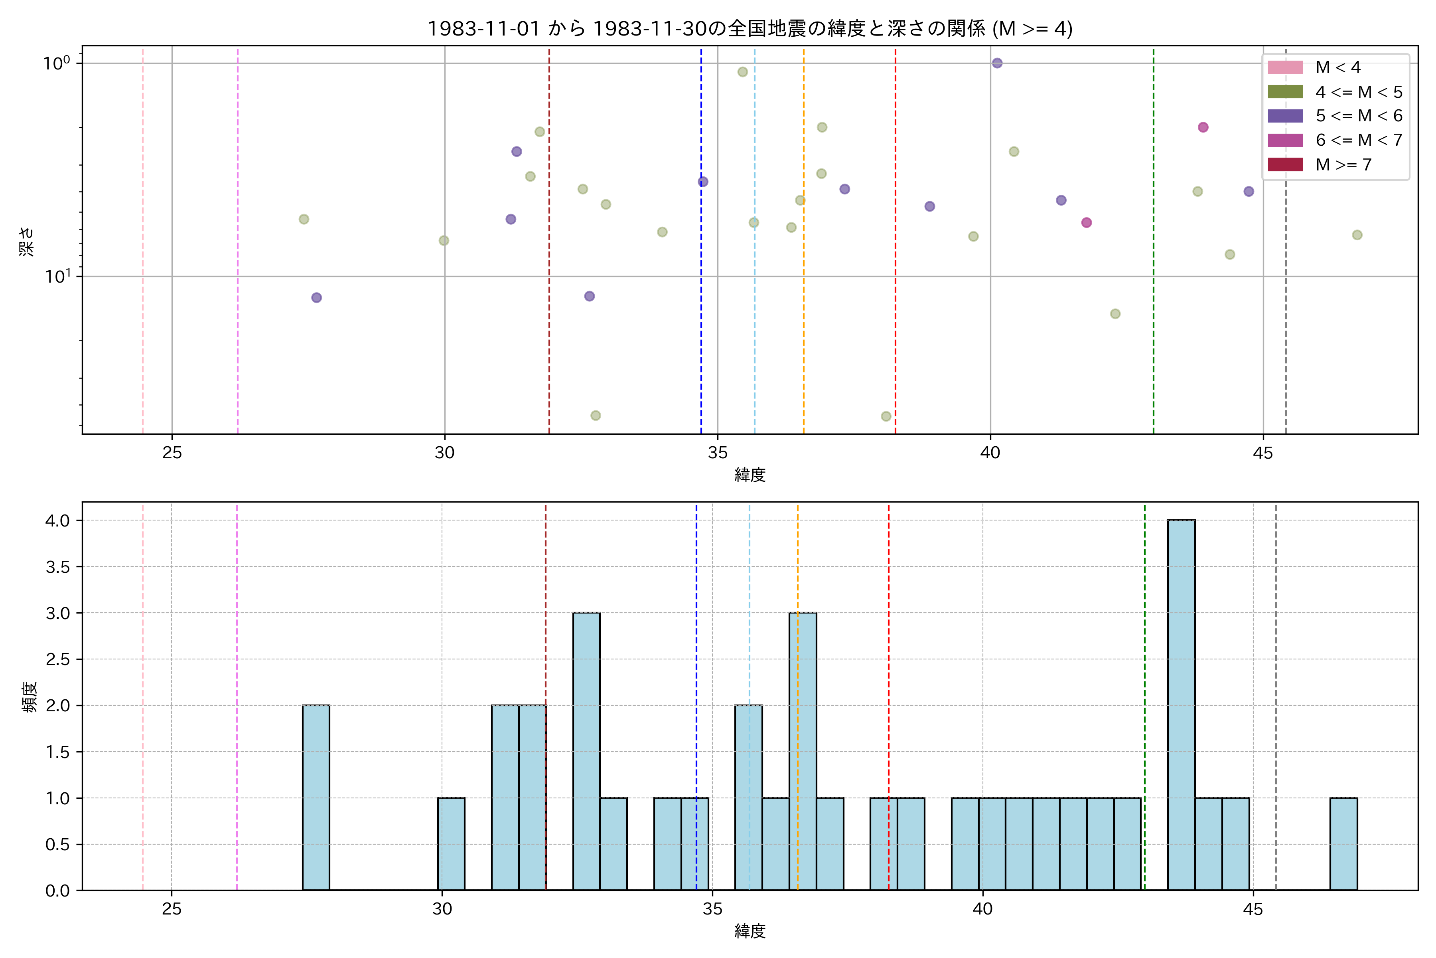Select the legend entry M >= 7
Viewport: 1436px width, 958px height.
coord(1343,165)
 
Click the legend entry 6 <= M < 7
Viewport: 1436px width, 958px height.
coord(1359,141)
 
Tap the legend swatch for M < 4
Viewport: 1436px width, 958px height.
coord(1285,67)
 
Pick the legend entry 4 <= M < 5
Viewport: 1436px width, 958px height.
coord(1359,92)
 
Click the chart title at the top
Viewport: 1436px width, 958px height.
coord(750,29)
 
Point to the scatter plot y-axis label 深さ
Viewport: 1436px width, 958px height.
coord(27,241)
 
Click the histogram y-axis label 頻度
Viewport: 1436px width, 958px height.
coord(29,697)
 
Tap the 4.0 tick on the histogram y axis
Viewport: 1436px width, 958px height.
coord(57,521)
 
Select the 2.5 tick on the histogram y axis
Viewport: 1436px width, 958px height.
coord(57,659)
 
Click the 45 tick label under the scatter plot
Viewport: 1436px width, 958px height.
coord(1262,453)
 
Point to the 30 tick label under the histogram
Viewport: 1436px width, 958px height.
coord(442,909)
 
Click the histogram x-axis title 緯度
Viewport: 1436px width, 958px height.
coord(750,931)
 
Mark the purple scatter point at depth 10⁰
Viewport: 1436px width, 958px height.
coord(997,63)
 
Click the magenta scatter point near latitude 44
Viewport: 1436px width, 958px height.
coord(1203,127)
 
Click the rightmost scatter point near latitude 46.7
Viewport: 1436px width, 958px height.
coord(1357,235)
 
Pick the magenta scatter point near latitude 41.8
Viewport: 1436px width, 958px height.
coord(1086,222)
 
